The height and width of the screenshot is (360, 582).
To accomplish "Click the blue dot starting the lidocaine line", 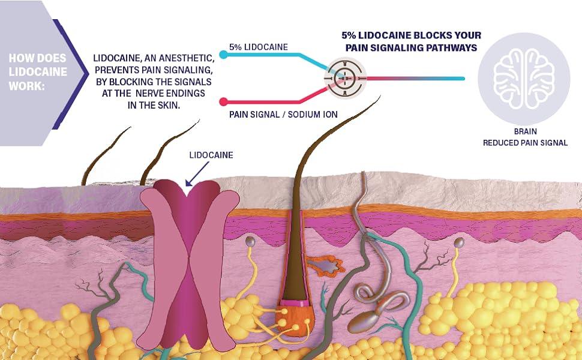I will pyautogui.click(x=223, y=55).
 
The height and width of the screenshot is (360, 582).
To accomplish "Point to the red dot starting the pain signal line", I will pyautogui.click(x=223, y=101).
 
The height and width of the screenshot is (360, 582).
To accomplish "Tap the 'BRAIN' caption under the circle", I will pyautogui.click(x=525, y=131).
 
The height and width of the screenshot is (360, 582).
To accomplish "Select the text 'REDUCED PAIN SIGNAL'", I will pyautogui.click(x=525, y=143).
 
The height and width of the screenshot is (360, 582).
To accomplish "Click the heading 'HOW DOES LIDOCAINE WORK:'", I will pyautogui.click(x=37, y=72).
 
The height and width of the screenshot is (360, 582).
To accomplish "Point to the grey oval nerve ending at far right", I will pyautogui.click(x=460, y=243).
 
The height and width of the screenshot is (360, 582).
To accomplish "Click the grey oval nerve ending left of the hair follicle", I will pyautogui.click(x=250, y=241).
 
